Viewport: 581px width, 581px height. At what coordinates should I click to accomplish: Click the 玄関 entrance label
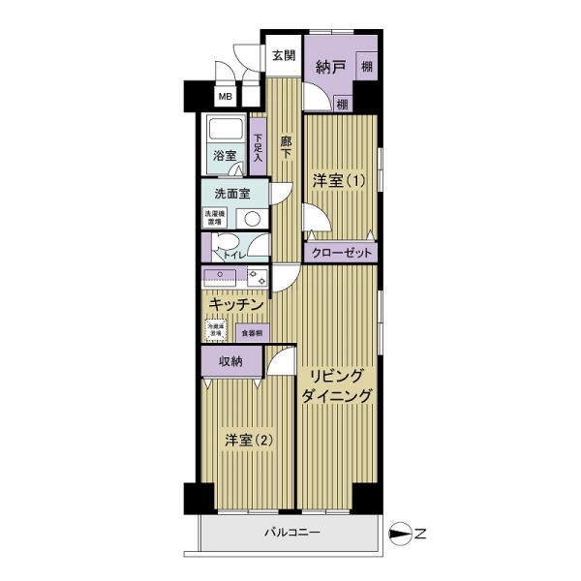(x=283, y=55)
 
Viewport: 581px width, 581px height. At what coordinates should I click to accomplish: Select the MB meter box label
(x=225, y=96)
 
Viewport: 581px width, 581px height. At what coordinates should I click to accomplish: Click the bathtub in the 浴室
(x=227, y=131)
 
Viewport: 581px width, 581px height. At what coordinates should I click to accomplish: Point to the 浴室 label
(x=225, y=155)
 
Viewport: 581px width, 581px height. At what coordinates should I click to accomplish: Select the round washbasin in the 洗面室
(x=251, y=219)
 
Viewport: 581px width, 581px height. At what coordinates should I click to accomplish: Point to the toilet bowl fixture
(x=225, y=244)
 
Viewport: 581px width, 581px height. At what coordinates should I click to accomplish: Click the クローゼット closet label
(x=340, y=253)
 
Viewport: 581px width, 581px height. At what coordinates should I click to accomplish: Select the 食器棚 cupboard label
(x=251, y=332)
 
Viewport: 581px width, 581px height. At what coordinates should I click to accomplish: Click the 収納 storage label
(x=229, y=362)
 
